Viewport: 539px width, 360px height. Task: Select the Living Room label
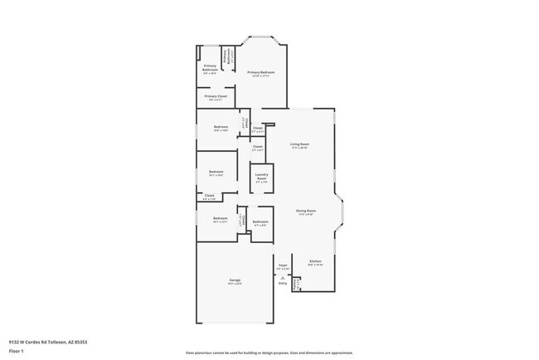pyautogui.click(x=299, y=145)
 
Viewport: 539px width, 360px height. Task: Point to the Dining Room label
pyautogui.click(x=306, y=212)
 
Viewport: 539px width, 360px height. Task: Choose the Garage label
pyautogui.click(x=235, y=281)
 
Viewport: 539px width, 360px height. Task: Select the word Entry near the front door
pyautogui.click(x=283, y=283)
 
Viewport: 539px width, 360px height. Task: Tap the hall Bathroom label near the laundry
pyautogui.click(x=260, y=222)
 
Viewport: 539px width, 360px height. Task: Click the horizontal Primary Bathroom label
pyautogui.click(x=210, y=68)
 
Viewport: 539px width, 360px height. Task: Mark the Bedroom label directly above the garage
pyautogui.click(x=220, y=219)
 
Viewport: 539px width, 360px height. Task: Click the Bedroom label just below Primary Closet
pyautogui.click(x=220, y=128)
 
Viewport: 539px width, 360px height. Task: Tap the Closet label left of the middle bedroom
pyautogui.click(x=209, y=197)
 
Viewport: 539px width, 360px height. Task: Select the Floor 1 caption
pyautogui.click(x=17, y=350)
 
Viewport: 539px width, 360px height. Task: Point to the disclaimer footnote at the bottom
pyautogui.click(x=269, y=353)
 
